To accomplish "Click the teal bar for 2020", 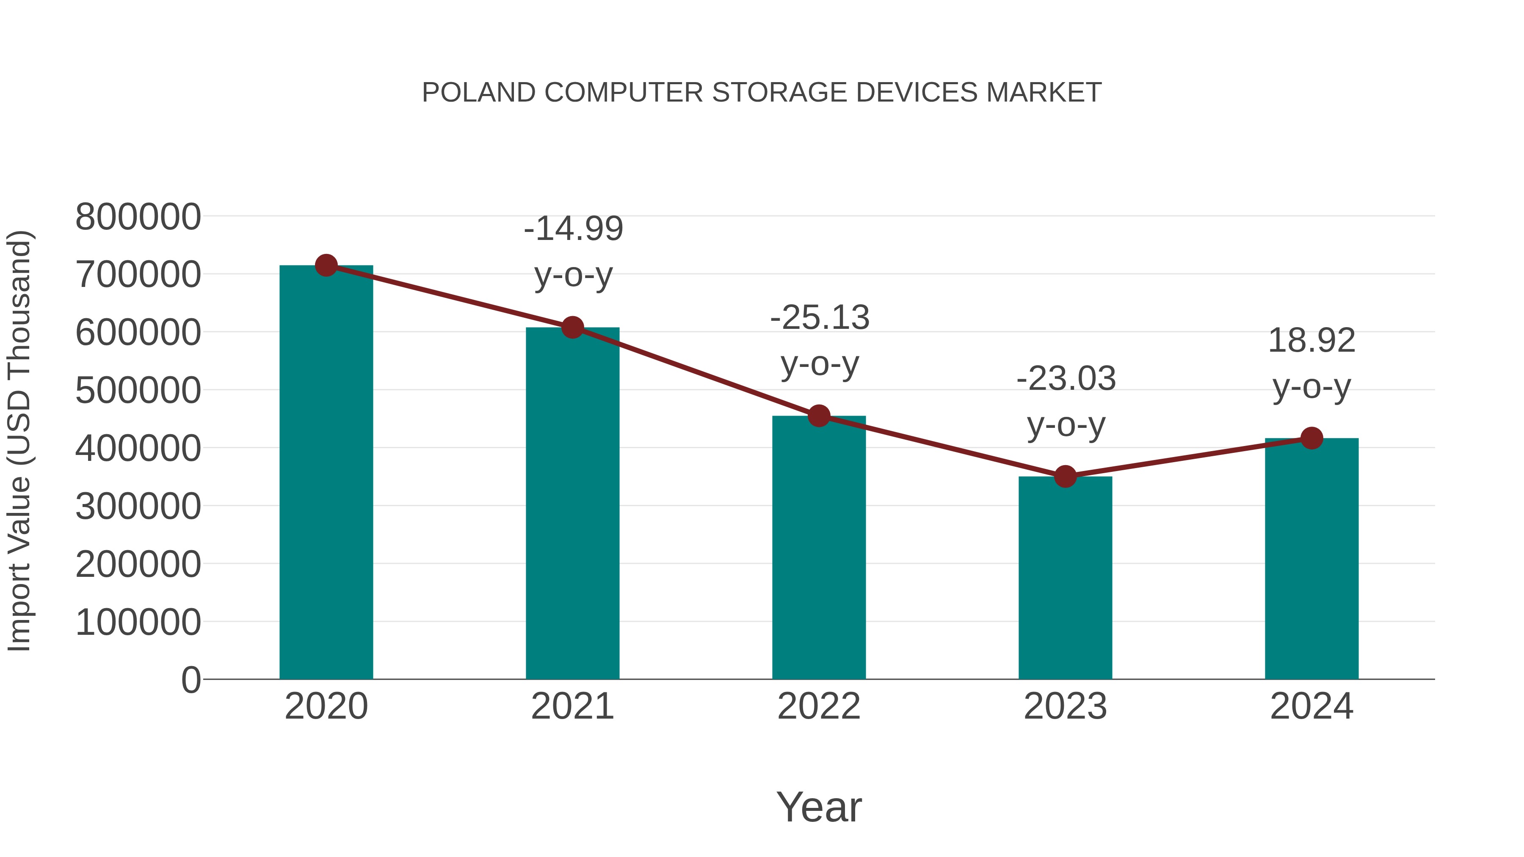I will point(326,473).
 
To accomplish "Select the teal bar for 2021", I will point(572,503).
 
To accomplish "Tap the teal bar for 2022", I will point(819,547).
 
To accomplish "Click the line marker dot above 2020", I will point(326,265).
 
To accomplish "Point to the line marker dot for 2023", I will point(1065,476).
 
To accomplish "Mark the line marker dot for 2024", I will point(1311,438).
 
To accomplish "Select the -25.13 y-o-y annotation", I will point(820,341).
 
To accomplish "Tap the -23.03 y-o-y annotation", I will point(1066,402).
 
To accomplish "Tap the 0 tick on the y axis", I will point(190,680).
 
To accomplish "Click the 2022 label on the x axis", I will point(819,706).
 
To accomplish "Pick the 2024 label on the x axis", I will point(1311,706).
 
